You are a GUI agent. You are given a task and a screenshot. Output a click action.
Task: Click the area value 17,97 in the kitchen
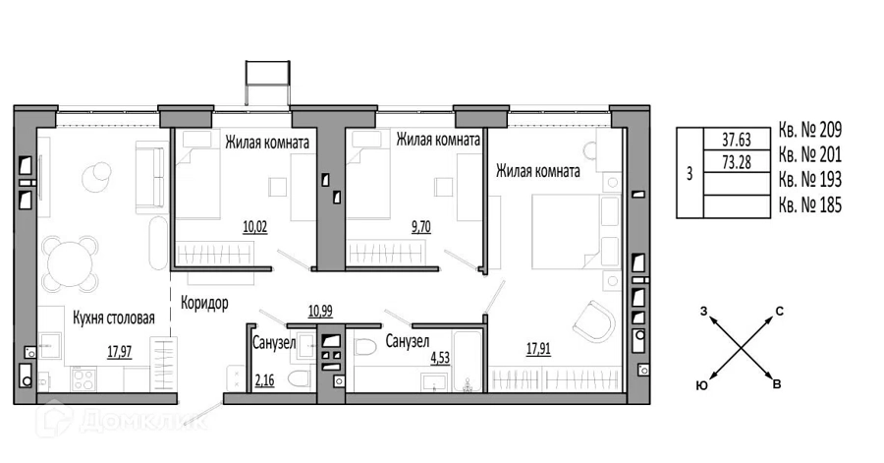pyautogui.click(x=119, y=352)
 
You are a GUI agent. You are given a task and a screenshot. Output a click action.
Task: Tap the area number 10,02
pyautogui.click(x=254, y=227)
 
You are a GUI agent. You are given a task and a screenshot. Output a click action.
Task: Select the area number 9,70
pyautogui.click(x=421, y=227)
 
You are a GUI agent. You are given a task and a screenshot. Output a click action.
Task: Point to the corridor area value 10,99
pyautogui.click(x=320, y=311)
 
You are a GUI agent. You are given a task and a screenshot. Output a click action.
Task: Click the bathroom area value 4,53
pyautogui.click(x=440, y=358)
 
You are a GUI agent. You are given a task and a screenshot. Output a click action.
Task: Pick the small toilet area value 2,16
pyautogui.click(x=264, y=380)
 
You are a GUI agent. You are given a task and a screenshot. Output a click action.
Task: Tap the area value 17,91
pyautogui.click(x=538, y=349)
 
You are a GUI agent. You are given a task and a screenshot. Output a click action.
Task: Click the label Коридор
pyautogui.click(x=204, y=303)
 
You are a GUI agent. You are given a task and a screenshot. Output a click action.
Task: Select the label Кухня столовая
pyautogui.click(x=114, y=318)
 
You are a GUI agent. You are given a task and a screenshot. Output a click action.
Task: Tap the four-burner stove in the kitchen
pyautogui.click(x=83, y=378)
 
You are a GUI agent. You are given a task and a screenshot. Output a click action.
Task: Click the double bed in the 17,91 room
pyautogui.click(x=576, y=231)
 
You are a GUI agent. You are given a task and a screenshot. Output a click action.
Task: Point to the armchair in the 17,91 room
pyautogui.click(x=594, y=321)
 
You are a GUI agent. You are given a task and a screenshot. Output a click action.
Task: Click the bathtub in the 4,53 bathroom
pyautogui.click(x=468, y=361)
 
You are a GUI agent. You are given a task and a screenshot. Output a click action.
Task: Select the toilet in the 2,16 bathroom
pyautogui.click(x=299, y=378)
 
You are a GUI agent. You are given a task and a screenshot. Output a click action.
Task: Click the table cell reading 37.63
pyautogui.click(x=737, y=140)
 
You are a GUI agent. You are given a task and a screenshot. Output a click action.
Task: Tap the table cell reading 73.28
pyautogui.click(x=737, y=162)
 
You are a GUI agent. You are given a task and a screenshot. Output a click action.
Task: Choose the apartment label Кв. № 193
pyautogui.click(x=809, y=179)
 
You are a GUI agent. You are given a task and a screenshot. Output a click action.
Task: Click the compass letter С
pyautogui.click(x=780, y=312)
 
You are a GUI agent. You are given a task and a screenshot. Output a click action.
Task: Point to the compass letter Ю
pyautogui.click(x=702, y=385)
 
